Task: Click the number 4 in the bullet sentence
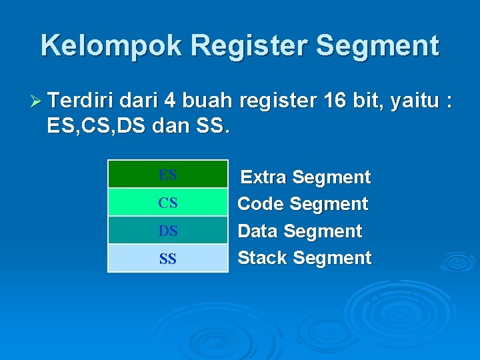[x=170, y=102]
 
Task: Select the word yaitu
[x=415, y=102]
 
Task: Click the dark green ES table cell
[x=168, y=175]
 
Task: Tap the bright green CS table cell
[x=168, y=202]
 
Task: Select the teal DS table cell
[x=168, y=230]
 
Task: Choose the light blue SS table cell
[x=168, y=258]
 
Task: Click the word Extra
[x=264, y=177]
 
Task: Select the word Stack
[x=263, y=258]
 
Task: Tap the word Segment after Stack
[x=332, y=258]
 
